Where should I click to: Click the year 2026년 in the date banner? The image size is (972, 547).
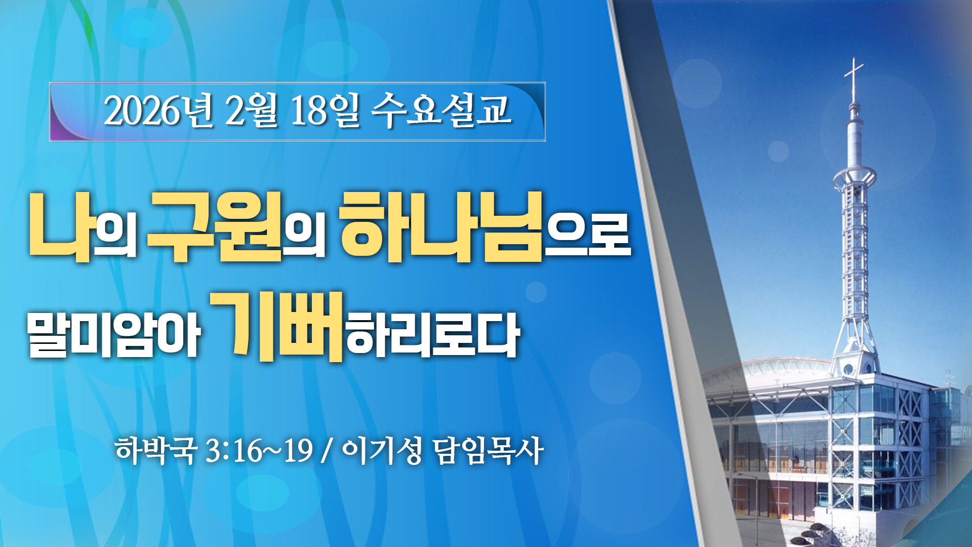point(158,110)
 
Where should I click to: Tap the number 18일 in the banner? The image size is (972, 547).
point(325,110)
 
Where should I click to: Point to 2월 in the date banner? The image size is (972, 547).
point(251,110)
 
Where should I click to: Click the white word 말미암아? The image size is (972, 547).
point(114,335)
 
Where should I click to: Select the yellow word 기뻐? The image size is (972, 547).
point(277,327)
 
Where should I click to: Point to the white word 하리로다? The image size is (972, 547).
point(433,335)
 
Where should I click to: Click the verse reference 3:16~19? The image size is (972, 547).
point(259,450)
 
